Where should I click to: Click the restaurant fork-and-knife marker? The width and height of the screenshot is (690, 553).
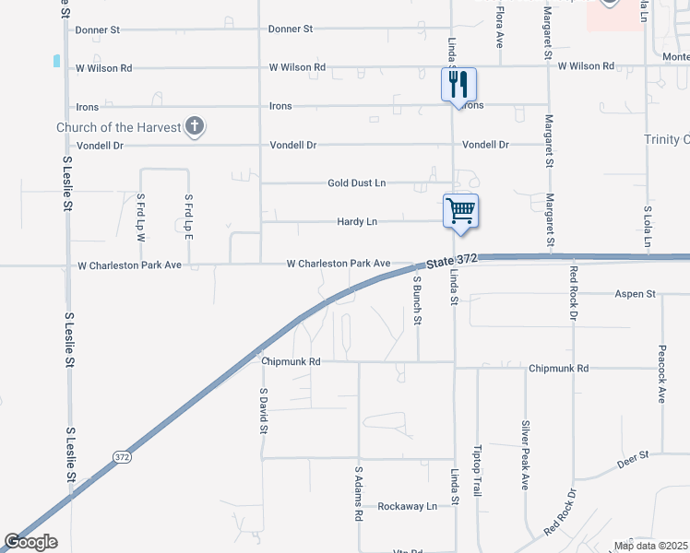click(x=458, y=86)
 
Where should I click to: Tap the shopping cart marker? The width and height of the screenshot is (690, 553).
click(x=461, y=209)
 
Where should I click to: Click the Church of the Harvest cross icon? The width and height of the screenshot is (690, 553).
click(x=194, y=127)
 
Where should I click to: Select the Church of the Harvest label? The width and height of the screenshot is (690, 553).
click(x=118, y=127)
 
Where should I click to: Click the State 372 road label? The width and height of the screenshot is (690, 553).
click(x=453, y=260)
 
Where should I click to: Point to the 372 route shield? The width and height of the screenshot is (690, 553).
click(x=123, y=456)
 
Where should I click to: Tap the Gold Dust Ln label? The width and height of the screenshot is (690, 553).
click(x=356, y=183)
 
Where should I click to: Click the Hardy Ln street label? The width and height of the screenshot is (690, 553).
click(x=357, y=222)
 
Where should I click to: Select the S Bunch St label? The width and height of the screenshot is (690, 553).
click(x=417, y=300)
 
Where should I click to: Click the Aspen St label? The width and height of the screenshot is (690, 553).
click(x=635, y=294)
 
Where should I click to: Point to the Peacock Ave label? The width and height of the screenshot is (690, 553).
click(x=661, y=374)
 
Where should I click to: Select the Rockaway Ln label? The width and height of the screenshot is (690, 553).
click(x=407, y=506)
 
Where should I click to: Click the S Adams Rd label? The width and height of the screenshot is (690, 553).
click(x=359, y=493)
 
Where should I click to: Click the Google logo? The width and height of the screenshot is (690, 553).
click(x=30, y=542)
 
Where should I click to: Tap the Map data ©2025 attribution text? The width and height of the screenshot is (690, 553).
click(x=650, y=546)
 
